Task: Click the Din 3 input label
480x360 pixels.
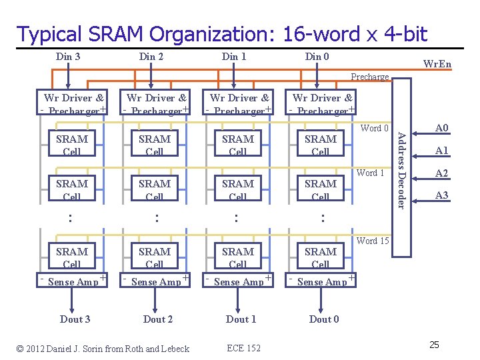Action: (69, 57)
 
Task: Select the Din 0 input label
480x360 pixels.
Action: (317, 57)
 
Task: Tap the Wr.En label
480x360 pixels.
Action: (437, 64)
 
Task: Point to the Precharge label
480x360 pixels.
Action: (370, 77)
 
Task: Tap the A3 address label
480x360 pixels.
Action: (441, 195)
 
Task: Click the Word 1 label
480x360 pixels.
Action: (371, 173)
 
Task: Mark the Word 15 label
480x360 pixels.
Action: (373, 241)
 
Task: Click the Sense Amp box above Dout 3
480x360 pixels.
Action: (73, 281)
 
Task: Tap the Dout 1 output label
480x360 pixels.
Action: (241, 319)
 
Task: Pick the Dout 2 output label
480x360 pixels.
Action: (158, 319)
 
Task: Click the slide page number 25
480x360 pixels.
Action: (434, 345)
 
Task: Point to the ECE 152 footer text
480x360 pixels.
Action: (243, 349)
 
